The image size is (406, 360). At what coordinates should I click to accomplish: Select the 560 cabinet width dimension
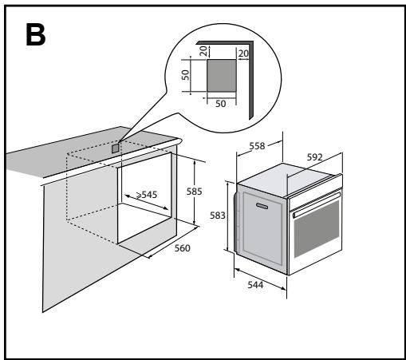coord(183,248)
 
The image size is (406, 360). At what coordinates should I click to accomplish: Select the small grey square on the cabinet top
coord(116,147)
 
